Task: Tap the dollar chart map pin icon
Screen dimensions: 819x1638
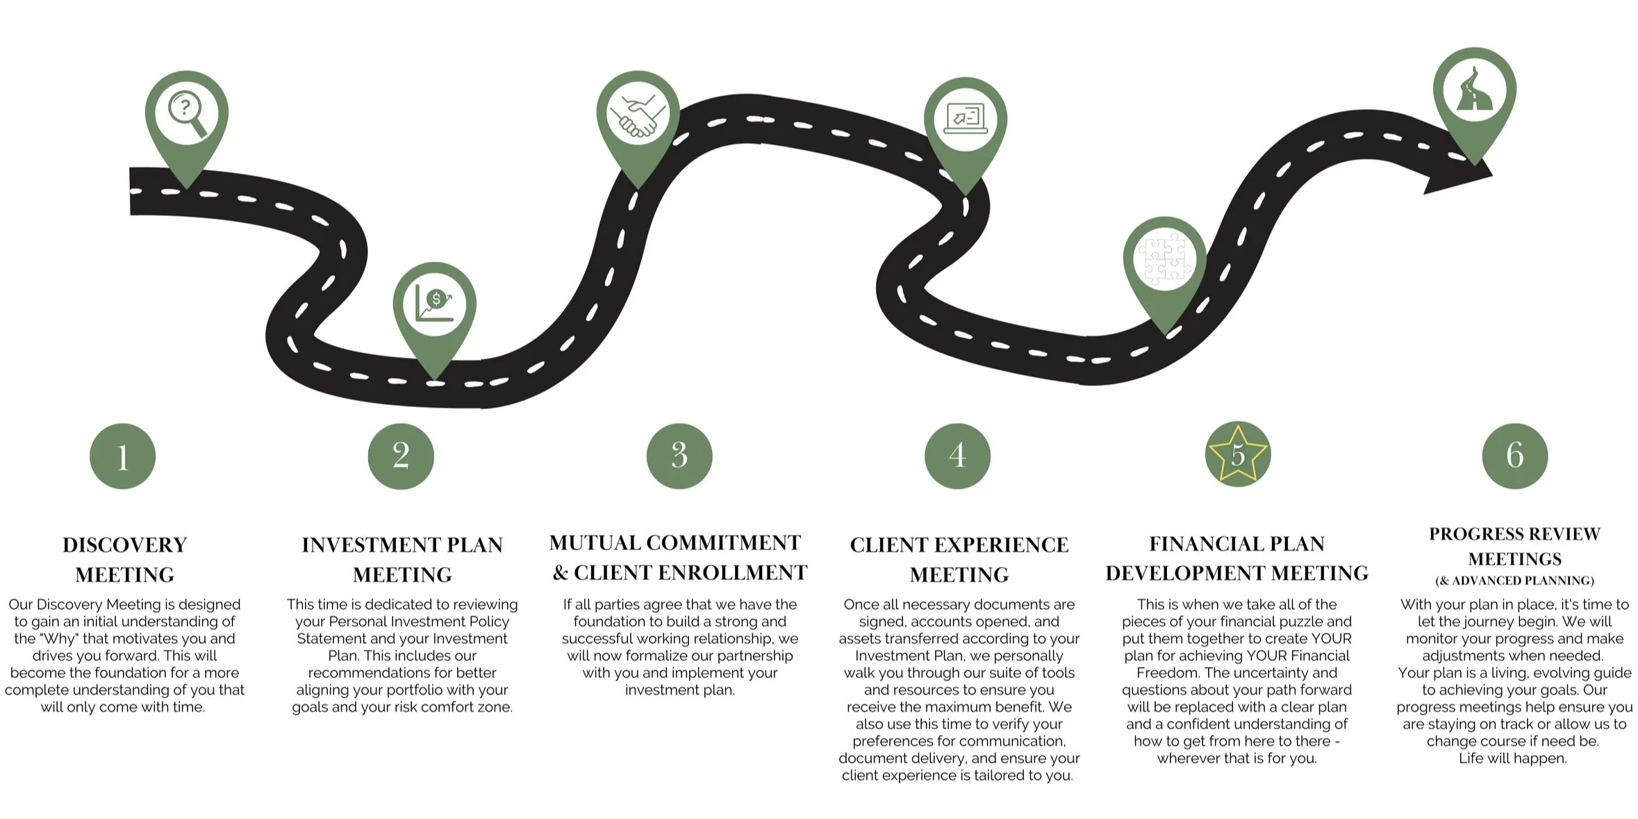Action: tap(434, 304)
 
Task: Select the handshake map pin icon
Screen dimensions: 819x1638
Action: tap(637, 113)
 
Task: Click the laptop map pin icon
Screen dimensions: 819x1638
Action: tap(965, 119)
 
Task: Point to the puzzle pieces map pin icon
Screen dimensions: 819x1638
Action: tap(1165, 259)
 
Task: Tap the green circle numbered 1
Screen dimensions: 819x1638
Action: tap(123, 456)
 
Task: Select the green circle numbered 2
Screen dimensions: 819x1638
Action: tap(401, 456)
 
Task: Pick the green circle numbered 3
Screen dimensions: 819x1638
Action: tap(679, 456)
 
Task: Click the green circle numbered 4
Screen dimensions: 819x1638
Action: tap(957, 456)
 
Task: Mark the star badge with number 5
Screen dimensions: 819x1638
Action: tap(1237, 454)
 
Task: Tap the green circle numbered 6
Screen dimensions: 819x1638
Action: tap(1515, 456)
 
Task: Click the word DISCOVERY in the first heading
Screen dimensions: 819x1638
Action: tap(125, 545)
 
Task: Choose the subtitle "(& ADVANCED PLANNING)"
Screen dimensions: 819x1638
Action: tap(1514, 581)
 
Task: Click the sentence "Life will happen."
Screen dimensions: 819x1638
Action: tap(1512, 758)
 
